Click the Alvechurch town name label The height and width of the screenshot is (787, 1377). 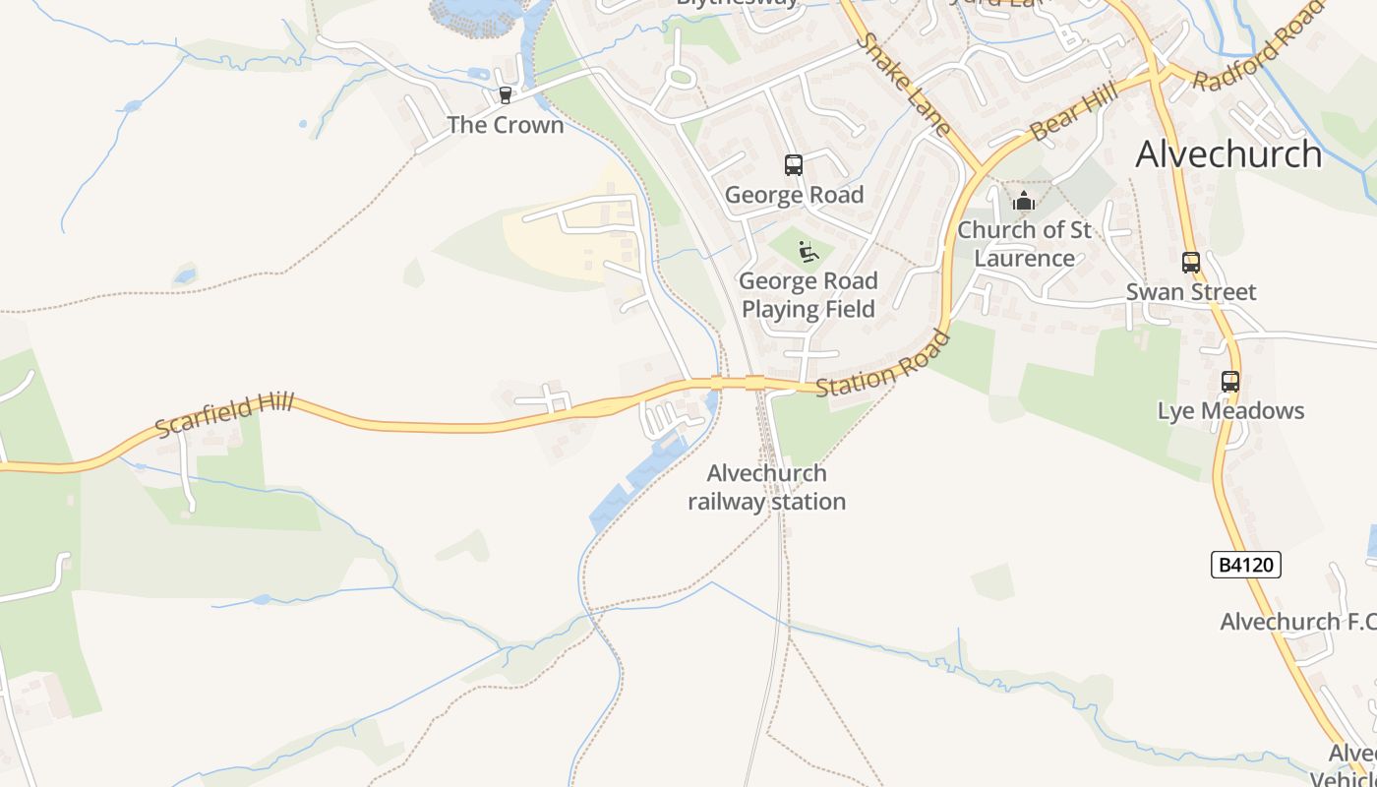click(x=1228, y=154)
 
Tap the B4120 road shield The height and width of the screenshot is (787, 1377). click(x=1245, y=565)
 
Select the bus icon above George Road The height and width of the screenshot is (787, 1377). click(x=793, y=165)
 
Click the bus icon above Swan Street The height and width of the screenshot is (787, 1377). click(x=1190, y=263)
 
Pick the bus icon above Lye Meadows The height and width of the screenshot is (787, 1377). click(x=1229, y=382)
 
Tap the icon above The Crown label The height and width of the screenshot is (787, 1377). click(x=505, y=95)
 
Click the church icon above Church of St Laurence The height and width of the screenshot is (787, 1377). click(x=1024, y=202)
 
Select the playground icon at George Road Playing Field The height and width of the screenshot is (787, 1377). click(x=808, y=252)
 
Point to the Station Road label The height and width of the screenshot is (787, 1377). click(x=883, y=365)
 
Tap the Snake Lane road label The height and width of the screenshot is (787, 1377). click(x=902, y=85)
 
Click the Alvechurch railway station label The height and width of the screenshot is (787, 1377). click(x=766, y=488)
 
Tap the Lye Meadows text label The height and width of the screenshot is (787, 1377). click(x=1230, y=411)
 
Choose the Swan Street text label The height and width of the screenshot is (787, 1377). click(x=1190, y=292)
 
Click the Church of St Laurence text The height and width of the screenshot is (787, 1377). click(x=1024, y=244)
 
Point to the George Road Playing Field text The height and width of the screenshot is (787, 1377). click(x=808, y=295)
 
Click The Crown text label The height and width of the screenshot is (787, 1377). click(x=506, y=125)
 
